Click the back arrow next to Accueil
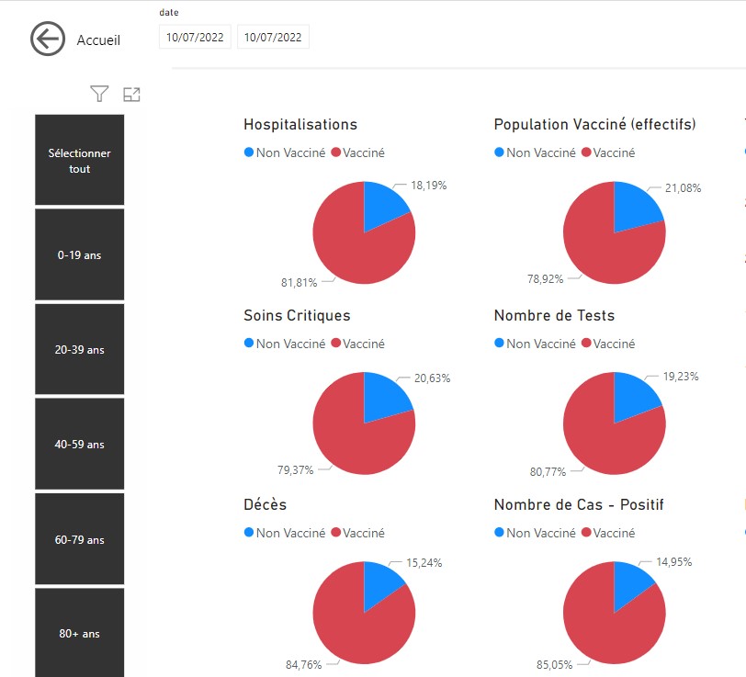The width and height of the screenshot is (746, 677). coord(48,39)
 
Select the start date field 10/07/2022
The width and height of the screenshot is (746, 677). coord(195,38)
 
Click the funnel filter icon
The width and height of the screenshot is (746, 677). coord(99,94)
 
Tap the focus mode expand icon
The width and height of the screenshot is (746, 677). coord(131,94)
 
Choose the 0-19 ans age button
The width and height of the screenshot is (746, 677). coord(80,254)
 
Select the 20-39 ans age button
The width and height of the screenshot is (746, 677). coord(80,350)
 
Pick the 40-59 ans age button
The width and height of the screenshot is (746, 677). coord(80,445)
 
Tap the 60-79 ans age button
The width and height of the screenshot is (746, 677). coord(80,539)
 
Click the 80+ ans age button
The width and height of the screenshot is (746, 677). coord(80,633)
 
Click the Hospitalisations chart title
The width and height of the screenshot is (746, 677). coord(300,125)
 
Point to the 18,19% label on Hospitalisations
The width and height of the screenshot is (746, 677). coord(428,186)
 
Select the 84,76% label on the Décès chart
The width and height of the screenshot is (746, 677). coord(299,663)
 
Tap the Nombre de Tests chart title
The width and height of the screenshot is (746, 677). coord(554,316)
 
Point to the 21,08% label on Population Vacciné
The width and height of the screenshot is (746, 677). coord(682,188)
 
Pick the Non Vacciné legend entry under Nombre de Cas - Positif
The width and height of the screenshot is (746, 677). coord(534,533)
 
